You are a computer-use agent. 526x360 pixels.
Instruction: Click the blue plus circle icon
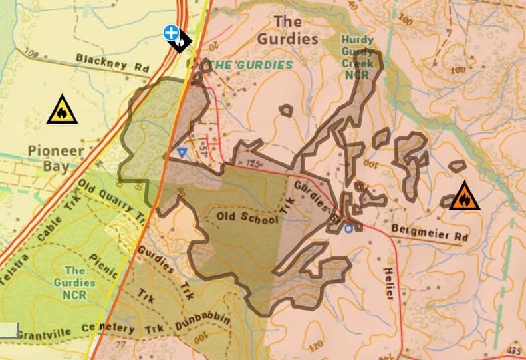[172, 32]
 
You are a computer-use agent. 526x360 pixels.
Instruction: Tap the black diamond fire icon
[180, 42]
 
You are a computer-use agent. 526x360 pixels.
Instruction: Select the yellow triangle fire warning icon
[62, 110]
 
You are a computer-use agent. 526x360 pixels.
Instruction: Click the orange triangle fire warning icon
[464, 197]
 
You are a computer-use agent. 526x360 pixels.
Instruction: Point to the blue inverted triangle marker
[182, 152]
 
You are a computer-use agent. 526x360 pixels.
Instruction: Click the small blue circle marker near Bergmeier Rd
[348, 229]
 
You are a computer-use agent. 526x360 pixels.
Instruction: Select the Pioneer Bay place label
[57, 158]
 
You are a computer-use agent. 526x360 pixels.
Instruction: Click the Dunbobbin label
[203, 318]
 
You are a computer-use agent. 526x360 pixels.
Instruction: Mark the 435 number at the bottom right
[513, 350]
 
